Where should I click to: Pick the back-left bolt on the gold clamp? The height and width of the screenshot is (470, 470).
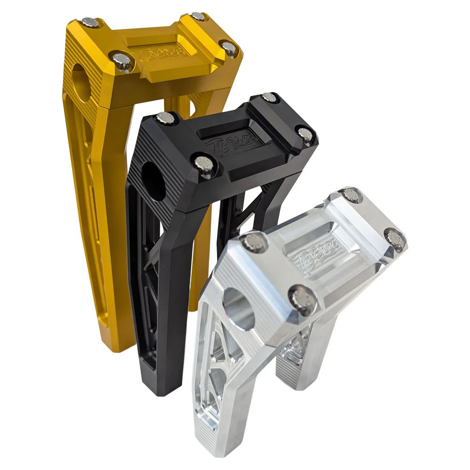tap(89, 22)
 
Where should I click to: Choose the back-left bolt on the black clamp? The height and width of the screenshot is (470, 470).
tap(165, 117)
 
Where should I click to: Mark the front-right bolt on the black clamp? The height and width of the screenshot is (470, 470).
tap(305, 133)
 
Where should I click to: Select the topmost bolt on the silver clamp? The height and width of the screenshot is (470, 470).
tap(351, 194)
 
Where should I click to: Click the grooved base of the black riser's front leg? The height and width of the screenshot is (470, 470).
tap(153, 376)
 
